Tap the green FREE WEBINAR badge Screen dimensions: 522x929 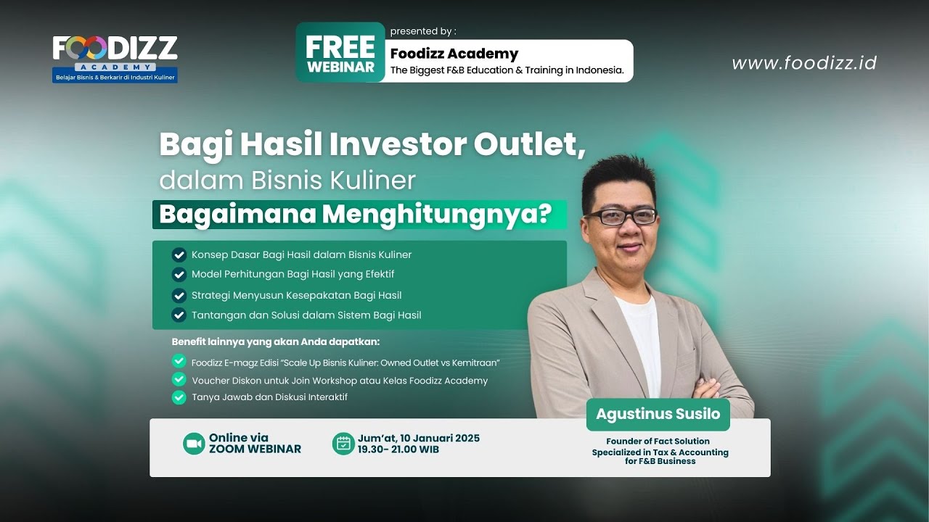point(340,53)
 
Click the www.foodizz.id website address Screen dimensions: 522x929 point(803,63)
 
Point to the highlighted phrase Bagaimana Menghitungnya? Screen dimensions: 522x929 point(355,215)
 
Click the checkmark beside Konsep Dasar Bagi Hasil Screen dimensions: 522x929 point(179,254)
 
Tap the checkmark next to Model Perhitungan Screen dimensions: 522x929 point(179,274)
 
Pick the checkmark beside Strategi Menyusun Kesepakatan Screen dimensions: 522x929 point(179,295)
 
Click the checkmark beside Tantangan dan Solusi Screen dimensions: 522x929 point(179,315)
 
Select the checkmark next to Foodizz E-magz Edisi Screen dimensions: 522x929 point(179,361)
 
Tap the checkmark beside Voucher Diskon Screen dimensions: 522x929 point(179,379)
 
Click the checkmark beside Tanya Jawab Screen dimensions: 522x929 point(179,397)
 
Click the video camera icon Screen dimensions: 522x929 point(194,444)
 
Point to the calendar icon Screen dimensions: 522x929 point(343,444)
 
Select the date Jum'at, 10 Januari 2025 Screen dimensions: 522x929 point(418,438)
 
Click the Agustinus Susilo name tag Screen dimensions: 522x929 point(658,414)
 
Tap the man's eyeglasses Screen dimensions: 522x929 point(621,216)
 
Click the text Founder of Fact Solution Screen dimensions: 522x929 point(658,441)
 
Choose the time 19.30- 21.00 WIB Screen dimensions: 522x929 point(398,449)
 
